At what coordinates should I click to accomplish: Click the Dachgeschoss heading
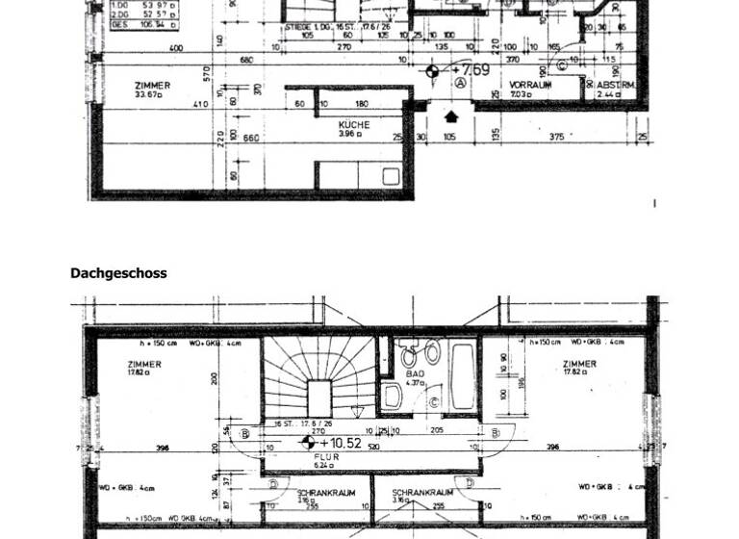tap(118, 273)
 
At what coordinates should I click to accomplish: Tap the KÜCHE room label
tap(354, 125)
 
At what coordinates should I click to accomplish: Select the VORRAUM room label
tap(530, 85)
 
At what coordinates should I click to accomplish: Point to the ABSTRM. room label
tap(615, 85)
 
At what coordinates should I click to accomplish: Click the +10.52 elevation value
tap(342, 443)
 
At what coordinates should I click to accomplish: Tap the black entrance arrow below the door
tap(451, 116)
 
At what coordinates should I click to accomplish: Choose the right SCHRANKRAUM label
tap(417, 493)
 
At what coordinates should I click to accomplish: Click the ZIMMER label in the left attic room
tap(143, 365)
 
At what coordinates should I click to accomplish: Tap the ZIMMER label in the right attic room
tap(579, 365)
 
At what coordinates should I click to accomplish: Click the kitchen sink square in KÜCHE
tap(391, 176)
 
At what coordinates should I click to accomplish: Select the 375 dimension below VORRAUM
tap(556, 139)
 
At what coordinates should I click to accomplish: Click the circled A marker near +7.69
tap(461, 85)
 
